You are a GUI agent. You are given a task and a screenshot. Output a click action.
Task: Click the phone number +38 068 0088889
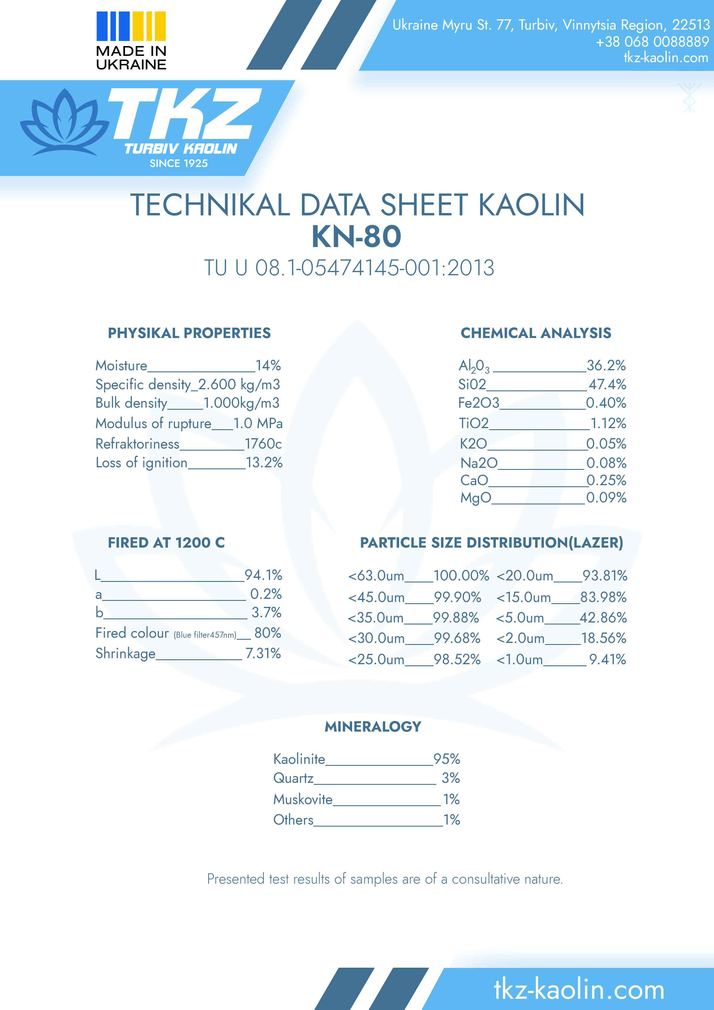[x=652, y=42]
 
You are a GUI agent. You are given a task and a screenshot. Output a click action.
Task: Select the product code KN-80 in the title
[x=356, y=237]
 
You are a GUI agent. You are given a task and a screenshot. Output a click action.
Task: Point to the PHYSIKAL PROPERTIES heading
[x=189, y=333]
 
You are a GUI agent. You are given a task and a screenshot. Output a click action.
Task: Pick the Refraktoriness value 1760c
[x=263, y=443]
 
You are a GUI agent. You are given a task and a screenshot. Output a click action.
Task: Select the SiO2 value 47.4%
[x=607, y=384]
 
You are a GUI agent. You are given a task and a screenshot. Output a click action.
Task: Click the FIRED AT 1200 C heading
[x=166, y=542]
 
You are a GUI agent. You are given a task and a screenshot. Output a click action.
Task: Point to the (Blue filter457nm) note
[x=205, y=635]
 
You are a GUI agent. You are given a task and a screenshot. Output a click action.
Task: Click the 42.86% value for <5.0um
[x=603, y=618]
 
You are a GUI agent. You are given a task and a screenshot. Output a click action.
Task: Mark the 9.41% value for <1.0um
[x=607, y=659]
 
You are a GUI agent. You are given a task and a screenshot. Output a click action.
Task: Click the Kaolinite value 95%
[x=447, y=759]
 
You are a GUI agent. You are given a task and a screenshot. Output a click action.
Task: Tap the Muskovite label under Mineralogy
[x=303, y=799]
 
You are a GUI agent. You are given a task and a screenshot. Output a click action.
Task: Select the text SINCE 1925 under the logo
[x=178, y=163]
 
